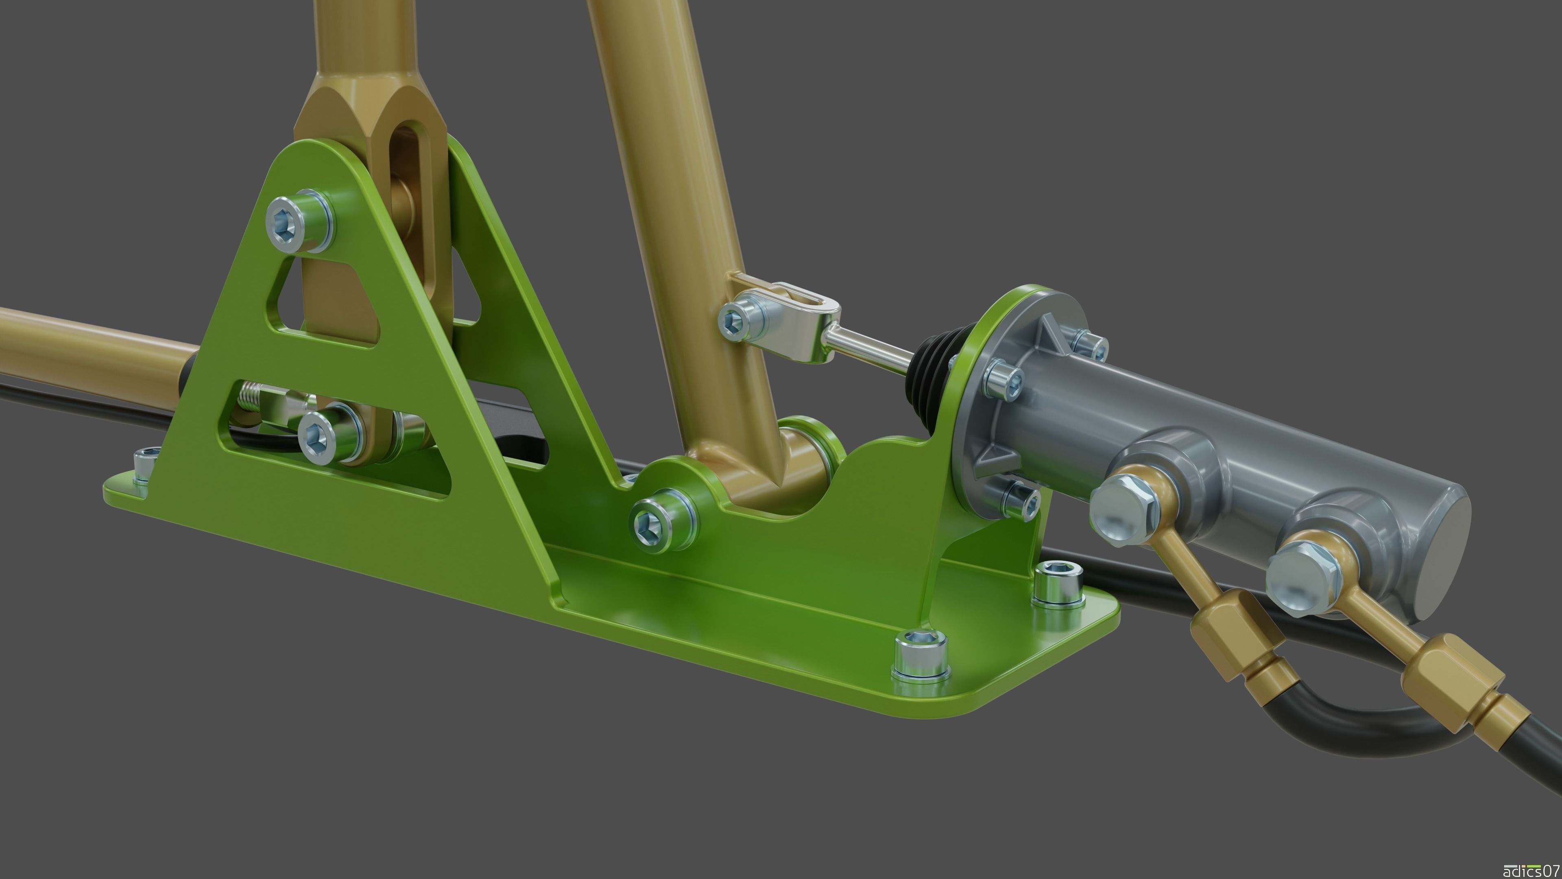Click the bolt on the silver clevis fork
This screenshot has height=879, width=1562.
735,319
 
